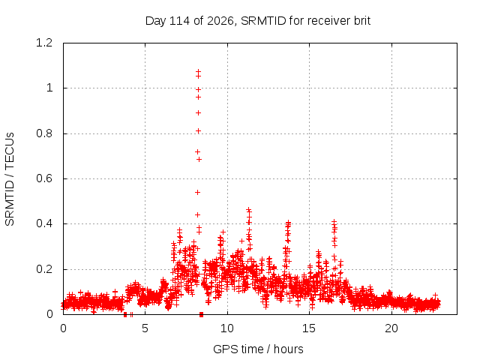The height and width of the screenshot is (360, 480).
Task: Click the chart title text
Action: (258, 21)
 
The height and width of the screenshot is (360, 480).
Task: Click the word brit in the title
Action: (362, 21)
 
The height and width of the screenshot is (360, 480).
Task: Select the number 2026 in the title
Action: (220, 21)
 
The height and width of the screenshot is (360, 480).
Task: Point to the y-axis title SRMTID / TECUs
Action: (10, 179)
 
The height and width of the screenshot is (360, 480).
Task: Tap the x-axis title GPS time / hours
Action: (258, 349)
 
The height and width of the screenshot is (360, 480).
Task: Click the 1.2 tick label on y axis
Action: (44, 43)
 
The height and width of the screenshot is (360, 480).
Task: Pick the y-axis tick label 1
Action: (49, 88)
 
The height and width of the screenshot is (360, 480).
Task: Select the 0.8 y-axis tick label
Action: (44, 133)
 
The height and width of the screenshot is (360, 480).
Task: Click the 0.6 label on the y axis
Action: (44, 178)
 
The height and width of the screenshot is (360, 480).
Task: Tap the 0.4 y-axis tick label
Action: (44, 223)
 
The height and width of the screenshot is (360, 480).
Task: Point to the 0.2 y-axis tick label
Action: (44, 269)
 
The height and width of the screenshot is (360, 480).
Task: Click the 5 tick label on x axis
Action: (145, 328)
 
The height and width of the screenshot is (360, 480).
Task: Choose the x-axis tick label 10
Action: (227, 328)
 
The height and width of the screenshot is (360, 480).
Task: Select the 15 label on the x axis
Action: (309, 328)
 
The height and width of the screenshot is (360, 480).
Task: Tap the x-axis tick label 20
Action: (391, 328)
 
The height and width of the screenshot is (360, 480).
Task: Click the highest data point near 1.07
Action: (198, 72)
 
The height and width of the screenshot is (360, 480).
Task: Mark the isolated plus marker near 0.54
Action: (198, 192)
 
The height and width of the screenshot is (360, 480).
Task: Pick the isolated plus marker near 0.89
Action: (198, 113)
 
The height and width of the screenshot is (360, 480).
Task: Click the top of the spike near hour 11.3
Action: (249, 210)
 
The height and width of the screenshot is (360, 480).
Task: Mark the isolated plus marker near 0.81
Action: (198, 131)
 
